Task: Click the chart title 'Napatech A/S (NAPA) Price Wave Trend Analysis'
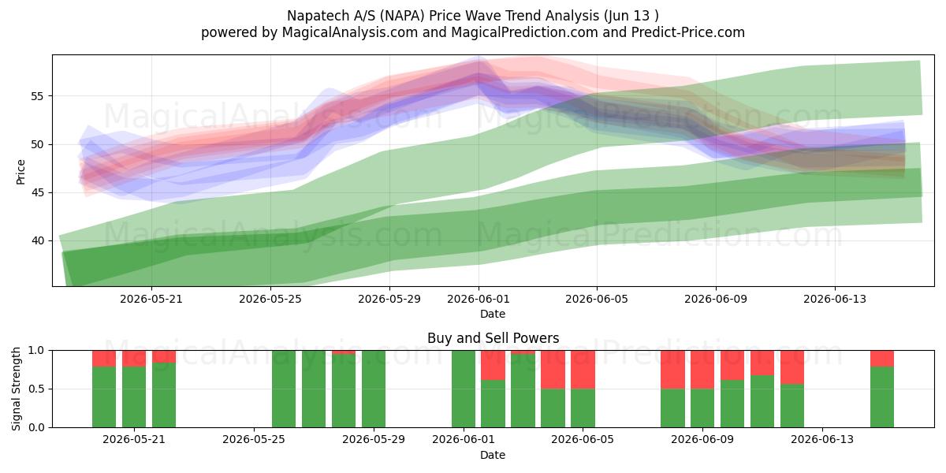click(x=441, y=16)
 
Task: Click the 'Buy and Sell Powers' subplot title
click(x=493, y=338)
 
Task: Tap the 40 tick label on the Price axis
click(x=37, y=240)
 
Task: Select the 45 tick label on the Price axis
click(x=37, y=192)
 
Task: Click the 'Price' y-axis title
click(x=20, y=172)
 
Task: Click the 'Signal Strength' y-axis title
click(x=16, y=389)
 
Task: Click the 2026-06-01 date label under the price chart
click(x=479, y=299)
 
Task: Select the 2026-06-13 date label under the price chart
click(x=835, y=299)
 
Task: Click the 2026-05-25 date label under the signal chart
click(x=254, y=440)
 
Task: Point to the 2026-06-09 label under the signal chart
click(x=702, y=440)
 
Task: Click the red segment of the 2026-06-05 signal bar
click(x=583, y=370)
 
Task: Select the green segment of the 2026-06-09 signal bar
click(x=702, y=408)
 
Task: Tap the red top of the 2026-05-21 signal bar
click(x=134, y=359)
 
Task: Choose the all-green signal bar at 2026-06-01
click(x=464, y=389)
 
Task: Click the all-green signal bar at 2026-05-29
click(x=374, y=389)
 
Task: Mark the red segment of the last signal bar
click(x=882, y=359)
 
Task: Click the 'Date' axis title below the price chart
click(x=493, y=314)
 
